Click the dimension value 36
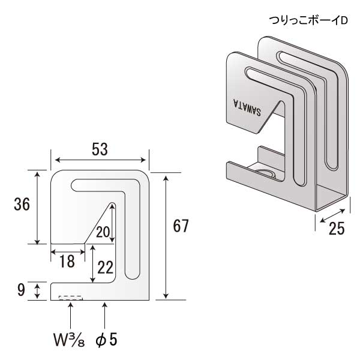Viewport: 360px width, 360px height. (x=22, y=205)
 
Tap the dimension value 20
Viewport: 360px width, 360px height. (x=103, y=232)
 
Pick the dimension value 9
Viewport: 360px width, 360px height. (x=22, y=290)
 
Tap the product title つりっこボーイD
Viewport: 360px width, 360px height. (x=308, y=20)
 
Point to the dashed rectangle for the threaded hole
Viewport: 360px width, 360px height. (x=71, y=297)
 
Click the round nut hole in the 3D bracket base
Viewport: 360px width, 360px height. (x=265, y=174)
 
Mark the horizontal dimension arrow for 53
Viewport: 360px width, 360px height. (x=100, y=160)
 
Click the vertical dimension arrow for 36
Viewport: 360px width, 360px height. (x=38, y=207)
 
